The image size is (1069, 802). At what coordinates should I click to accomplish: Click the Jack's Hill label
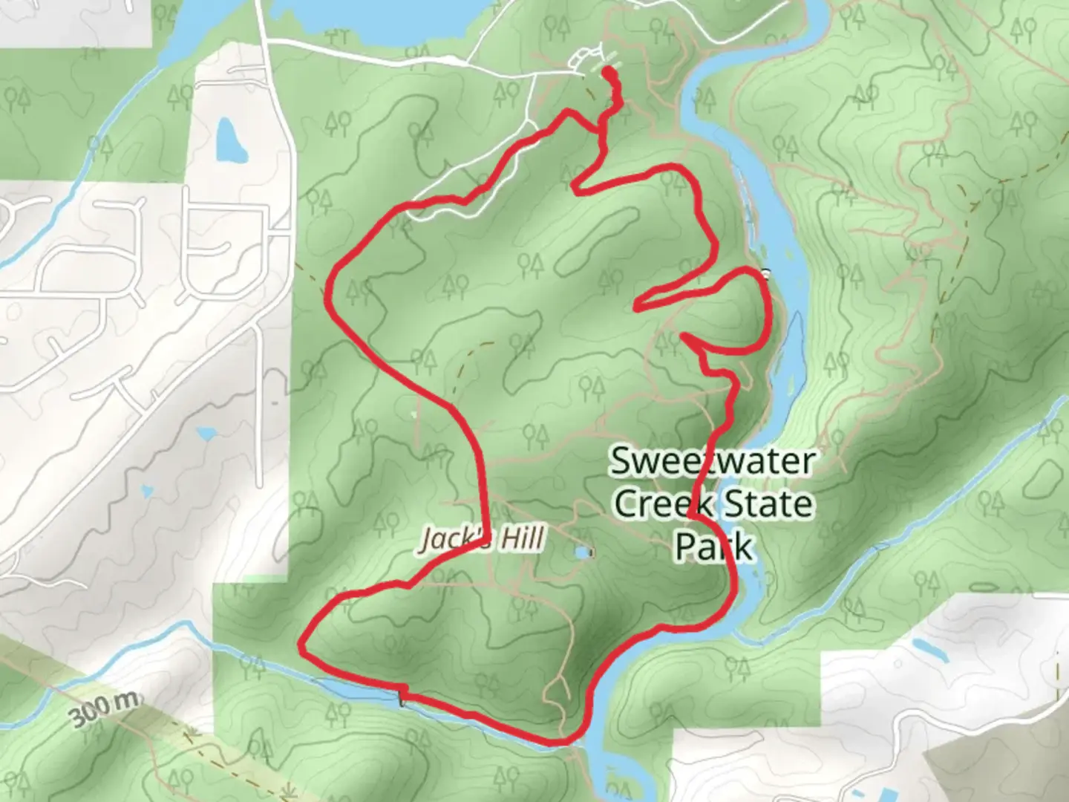point(483,538)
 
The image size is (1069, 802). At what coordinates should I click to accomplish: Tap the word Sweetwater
point(712,461)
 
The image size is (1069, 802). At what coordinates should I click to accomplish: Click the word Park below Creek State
point(713,547)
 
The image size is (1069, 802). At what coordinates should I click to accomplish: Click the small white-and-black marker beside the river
point(765,273)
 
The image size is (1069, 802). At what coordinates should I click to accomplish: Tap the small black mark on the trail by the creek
point(402,697)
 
